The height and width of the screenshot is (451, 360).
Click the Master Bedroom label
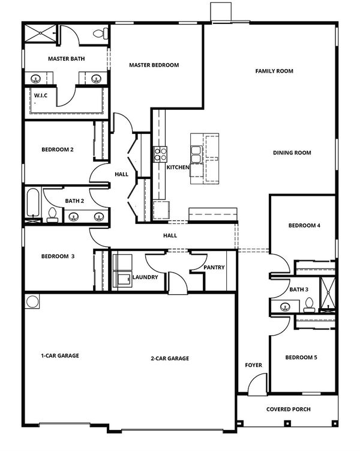(x=154, y=65)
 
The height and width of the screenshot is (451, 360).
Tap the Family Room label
(x=274, y=71)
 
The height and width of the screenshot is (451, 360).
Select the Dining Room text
(x=292, y=153)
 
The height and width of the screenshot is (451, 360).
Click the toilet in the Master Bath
(x=101, y=34)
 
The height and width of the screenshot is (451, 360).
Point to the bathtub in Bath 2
(x=33, y=202)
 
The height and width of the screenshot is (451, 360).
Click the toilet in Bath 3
(x=309, y=305)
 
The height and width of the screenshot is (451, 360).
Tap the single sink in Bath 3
(x=285, y=307)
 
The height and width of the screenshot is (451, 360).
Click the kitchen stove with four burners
(x=161, y=154)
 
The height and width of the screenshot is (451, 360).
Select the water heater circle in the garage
(x=32, y=301)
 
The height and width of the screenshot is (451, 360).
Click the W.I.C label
(x=41, y=95)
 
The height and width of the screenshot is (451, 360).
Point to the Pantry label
(x=214, y=267)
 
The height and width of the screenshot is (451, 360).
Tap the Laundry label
(x=145, y=277)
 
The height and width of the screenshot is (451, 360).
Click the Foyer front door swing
(x=257, y=384)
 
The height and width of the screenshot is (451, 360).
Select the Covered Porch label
(x=288, y=409)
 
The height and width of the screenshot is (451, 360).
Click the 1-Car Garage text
(x=60, y=356)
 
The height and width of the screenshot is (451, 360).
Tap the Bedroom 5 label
(x=301, y=357)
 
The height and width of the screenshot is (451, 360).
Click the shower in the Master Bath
(x=41, y=34)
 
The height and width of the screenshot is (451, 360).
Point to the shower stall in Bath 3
(x=328, y=294)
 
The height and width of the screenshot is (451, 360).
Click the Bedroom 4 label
(x=304, y=225)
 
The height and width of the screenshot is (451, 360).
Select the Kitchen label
(x=178, y=167)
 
